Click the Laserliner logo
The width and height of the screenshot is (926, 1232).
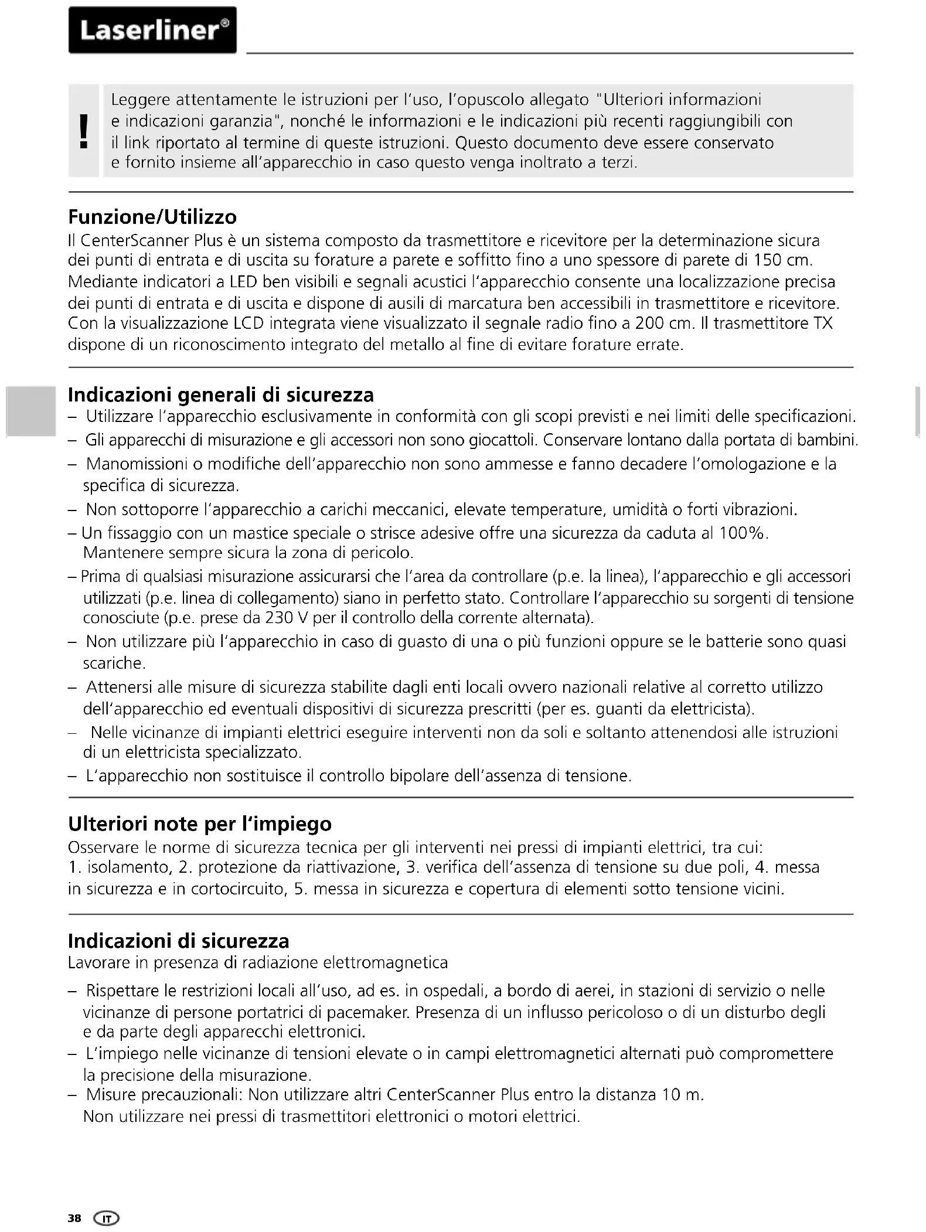click(152, 30)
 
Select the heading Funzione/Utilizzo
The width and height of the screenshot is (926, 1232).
click(152, 217)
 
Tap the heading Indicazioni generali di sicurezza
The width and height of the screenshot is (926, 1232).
click(220, 394)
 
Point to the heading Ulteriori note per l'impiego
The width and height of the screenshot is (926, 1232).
click(200, 823)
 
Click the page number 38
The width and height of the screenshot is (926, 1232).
click(74, 1219)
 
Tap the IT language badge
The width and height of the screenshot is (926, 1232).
click(106, 1219)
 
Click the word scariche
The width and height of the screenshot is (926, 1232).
click(114, 663)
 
